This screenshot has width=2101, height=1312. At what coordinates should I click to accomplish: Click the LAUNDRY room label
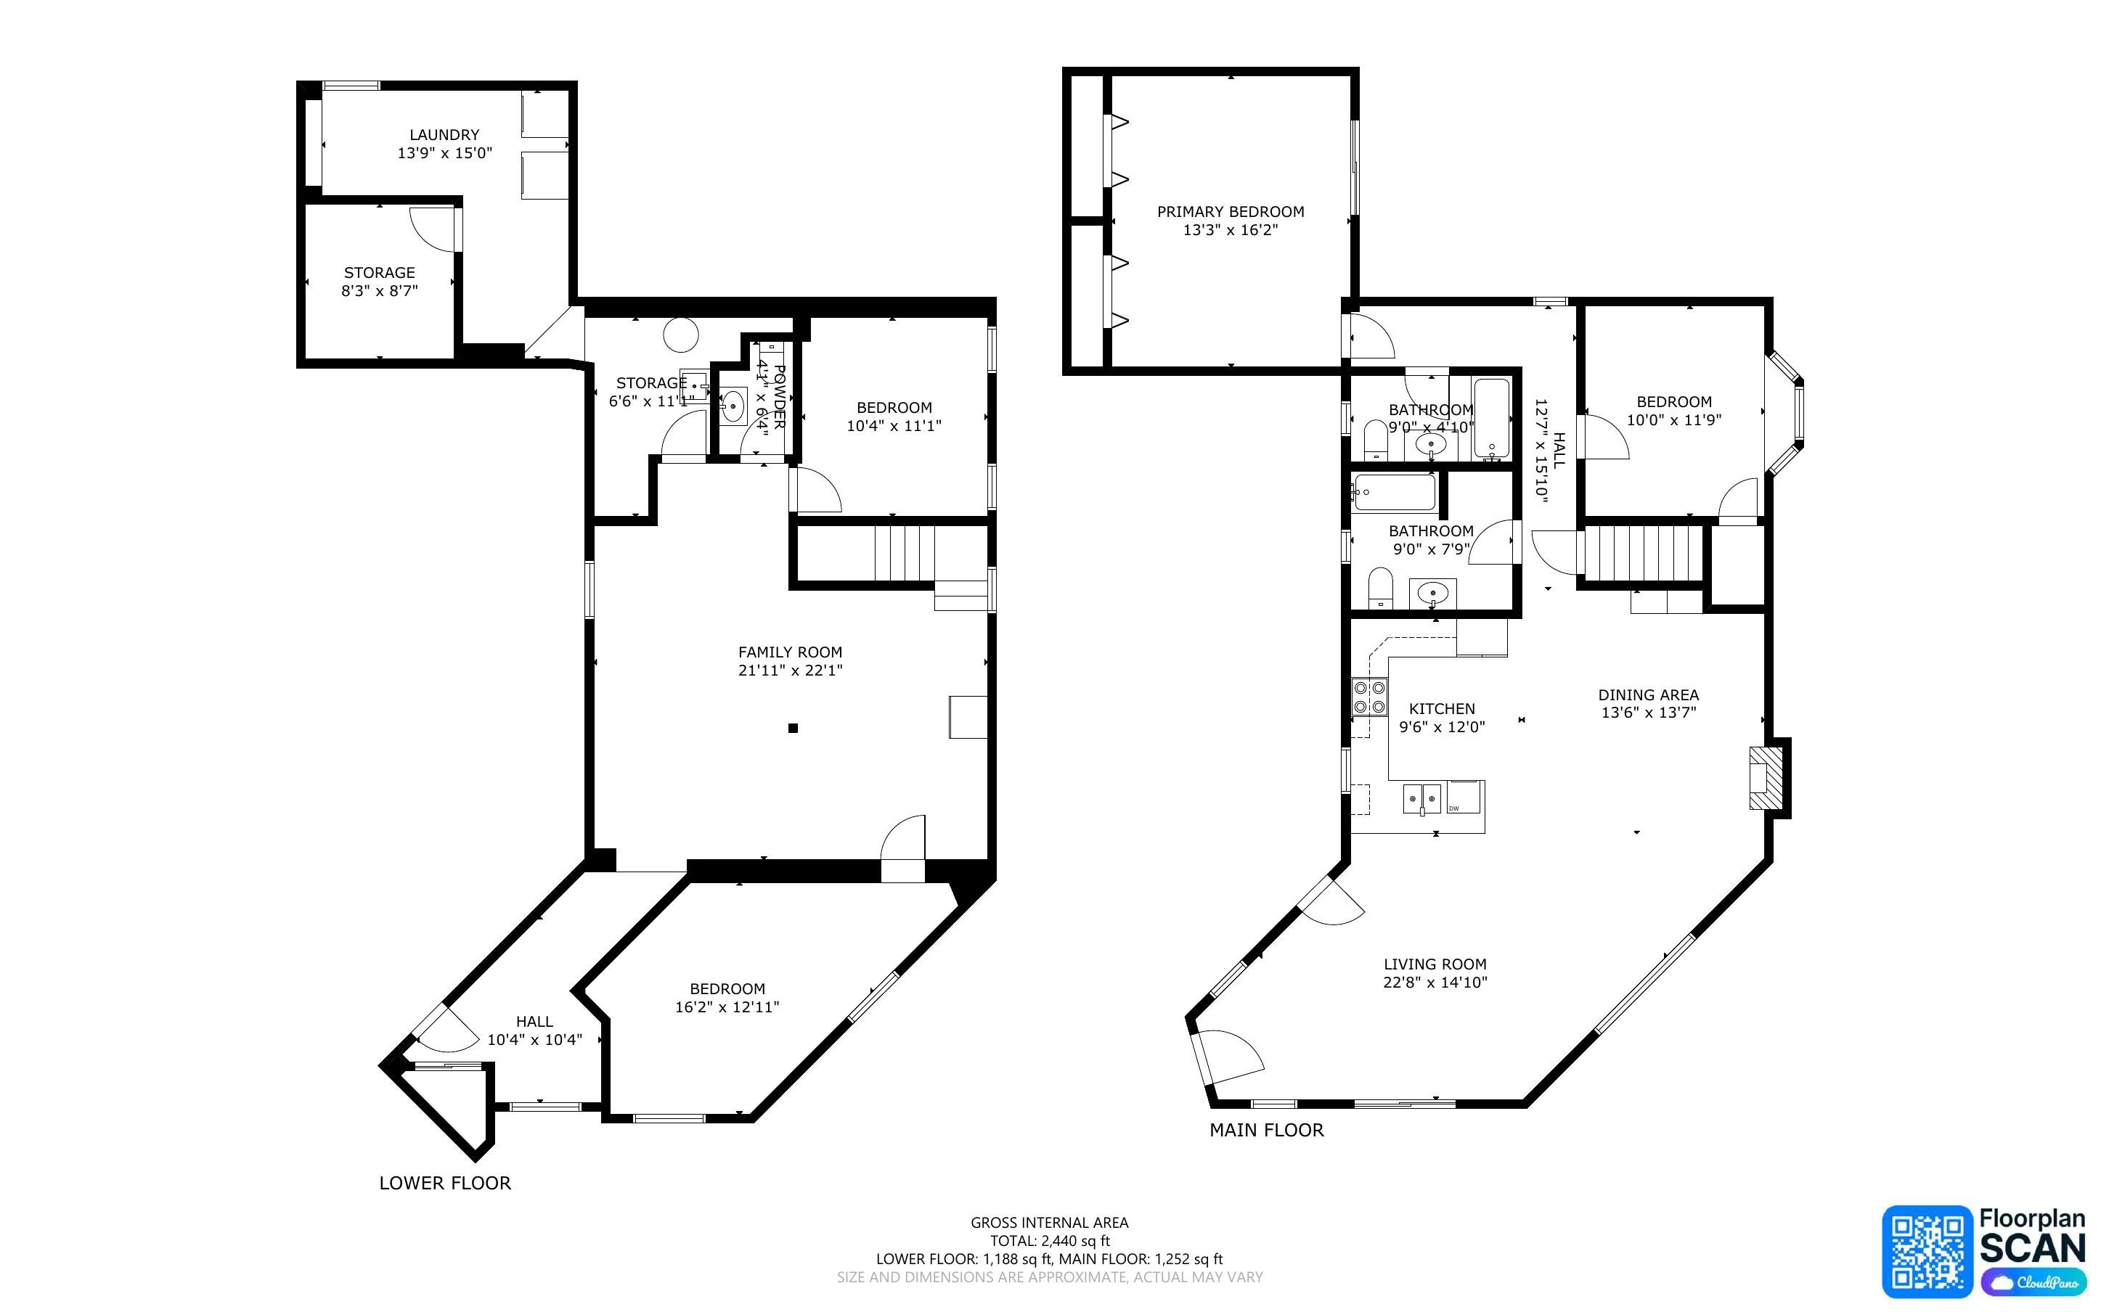(x=444, y=134)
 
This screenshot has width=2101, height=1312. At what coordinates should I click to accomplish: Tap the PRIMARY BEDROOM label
(x=1231, y=212)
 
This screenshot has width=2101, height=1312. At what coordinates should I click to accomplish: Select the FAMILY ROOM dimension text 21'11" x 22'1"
(x=791, y=670)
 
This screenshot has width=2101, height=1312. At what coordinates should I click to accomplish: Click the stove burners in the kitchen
(x=1369, y=697)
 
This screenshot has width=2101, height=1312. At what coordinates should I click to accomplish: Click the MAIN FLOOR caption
(x=1267, y=1130)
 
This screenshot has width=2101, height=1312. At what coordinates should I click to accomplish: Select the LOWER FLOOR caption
(x=445, y=1183)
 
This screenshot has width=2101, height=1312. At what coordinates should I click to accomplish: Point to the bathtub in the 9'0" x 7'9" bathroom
(x=1395, y=493)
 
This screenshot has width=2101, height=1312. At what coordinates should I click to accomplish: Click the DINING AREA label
(x=1649, y=695)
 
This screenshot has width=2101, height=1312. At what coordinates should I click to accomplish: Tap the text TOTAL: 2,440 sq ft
(x=1050, y=1241)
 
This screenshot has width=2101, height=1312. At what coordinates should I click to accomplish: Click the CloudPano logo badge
(x=2033, y=1282)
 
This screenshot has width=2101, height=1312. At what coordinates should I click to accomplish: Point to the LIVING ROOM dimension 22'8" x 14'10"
(x=1435, y=983)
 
